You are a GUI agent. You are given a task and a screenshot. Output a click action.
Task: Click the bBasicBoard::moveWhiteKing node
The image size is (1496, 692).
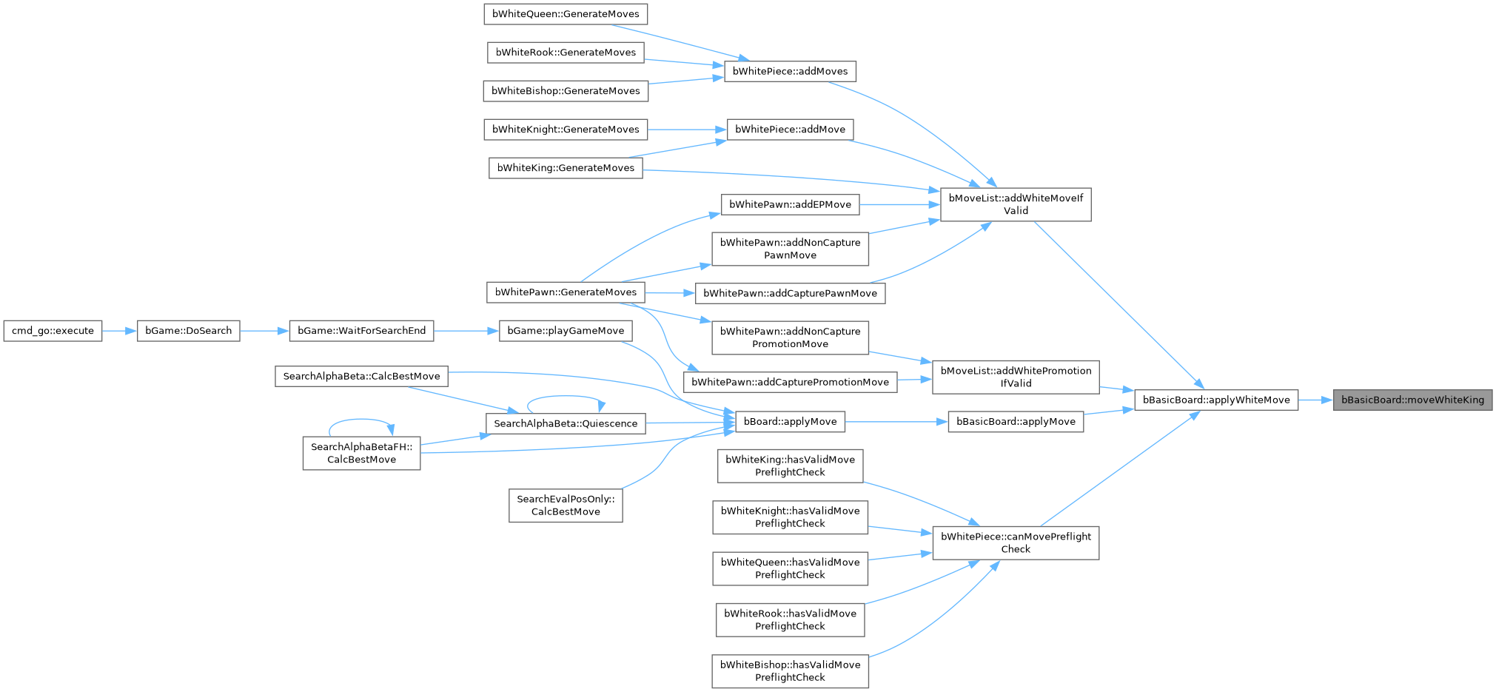1412,400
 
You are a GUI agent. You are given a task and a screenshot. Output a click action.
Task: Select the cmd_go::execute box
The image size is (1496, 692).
53,331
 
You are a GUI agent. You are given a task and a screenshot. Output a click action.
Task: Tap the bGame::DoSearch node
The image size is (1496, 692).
188,331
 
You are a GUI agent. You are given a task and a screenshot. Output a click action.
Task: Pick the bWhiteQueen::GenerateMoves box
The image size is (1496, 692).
566,14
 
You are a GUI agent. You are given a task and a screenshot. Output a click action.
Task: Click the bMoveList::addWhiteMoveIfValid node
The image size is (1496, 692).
1015,204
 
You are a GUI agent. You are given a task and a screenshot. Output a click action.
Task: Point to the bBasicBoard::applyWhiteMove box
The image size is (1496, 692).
1215,400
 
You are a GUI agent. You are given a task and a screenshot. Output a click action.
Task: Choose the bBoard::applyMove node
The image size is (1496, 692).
789,422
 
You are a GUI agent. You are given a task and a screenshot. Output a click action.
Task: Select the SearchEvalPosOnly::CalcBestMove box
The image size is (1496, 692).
566,505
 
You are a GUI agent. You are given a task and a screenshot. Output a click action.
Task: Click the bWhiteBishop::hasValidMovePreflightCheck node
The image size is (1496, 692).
790,671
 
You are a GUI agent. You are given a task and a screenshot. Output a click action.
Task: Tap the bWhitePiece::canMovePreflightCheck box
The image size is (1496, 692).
1015,542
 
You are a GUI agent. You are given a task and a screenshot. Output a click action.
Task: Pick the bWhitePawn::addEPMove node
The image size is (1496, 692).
790,204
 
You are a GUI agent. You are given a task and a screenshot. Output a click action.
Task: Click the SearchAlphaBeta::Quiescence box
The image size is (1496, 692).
565,423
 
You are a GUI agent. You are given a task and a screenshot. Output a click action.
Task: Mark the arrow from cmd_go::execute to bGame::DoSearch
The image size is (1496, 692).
119,331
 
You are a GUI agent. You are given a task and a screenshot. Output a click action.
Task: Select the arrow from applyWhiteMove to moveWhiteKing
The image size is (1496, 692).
1315,400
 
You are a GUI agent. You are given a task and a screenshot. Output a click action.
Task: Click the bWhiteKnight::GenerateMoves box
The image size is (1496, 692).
566,130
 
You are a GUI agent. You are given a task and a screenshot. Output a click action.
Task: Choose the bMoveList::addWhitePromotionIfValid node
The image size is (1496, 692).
1015,377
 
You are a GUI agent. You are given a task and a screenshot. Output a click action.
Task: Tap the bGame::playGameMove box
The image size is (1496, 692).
566,331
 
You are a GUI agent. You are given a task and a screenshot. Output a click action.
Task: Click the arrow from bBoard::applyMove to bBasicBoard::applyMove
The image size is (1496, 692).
896,422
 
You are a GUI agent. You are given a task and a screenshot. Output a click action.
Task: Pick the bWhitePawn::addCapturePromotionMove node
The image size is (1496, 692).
790,383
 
